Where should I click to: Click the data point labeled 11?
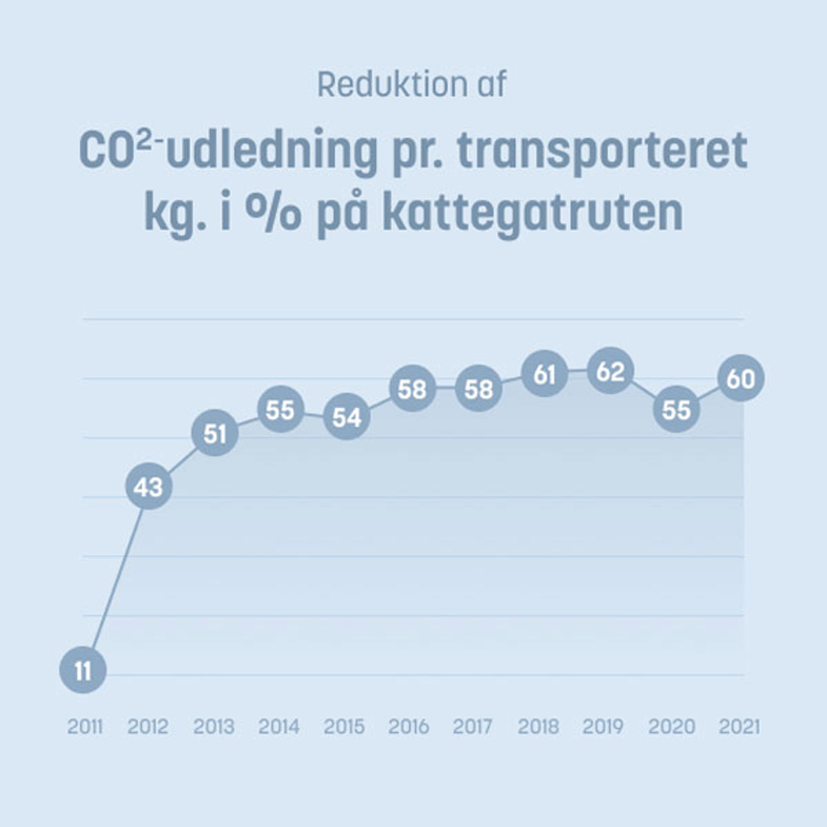pyautogui.click(x=83, y=670)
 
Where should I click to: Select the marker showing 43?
pyautogui.click(x=148, y=487)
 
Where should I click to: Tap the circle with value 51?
pyautogui.click(x=215, y=433)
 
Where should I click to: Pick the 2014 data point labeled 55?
pyautogui.click(x=280, y=409)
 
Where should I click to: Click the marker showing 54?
pyautogui.click(x=347, y=417)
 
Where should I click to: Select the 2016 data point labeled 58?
pyautogui.click(x=412, y=389)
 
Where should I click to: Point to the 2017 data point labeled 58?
pyautogui.click(x=478, y=389)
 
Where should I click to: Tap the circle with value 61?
pyautogui.click(x=544, y=374)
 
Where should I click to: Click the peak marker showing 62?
pyautogui.click(x=610, y=371)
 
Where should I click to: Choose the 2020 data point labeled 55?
pyautogui.click(x=676, y=409)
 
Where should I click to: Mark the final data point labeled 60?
pyautogui.click(x=741, y=378)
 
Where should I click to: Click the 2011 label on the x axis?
pyautogui.click(x=85, y=726)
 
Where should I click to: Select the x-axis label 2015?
pyautogui.click(x=344, y=726)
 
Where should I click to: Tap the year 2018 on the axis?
pyautogui.click(x=538, y=726)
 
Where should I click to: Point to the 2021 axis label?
pyautogui.click(x=739, y=726)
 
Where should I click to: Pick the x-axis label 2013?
pyautogui.click(x=214, y=726)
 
